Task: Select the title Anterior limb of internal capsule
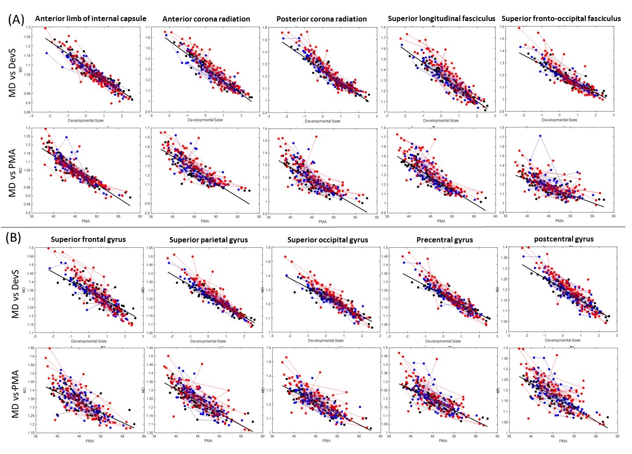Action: pos(91,18)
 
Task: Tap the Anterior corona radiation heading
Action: pos(206,19)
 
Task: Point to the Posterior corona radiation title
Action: pos(322,19)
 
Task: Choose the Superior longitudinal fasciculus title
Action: pos(442,18)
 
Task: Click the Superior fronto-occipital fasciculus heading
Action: pos(561,18)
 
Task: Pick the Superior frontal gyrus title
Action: pos(88,239)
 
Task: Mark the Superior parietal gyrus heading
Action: pos(208,240)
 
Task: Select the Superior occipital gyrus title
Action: pos(327,240)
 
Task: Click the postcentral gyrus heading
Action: pos(564,239)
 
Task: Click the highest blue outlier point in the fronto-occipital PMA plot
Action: pos(540,136)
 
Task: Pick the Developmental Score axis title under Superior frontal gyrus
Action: pos(89,341)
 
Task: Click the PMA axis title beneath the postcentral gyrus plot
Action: pos(563,440)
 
